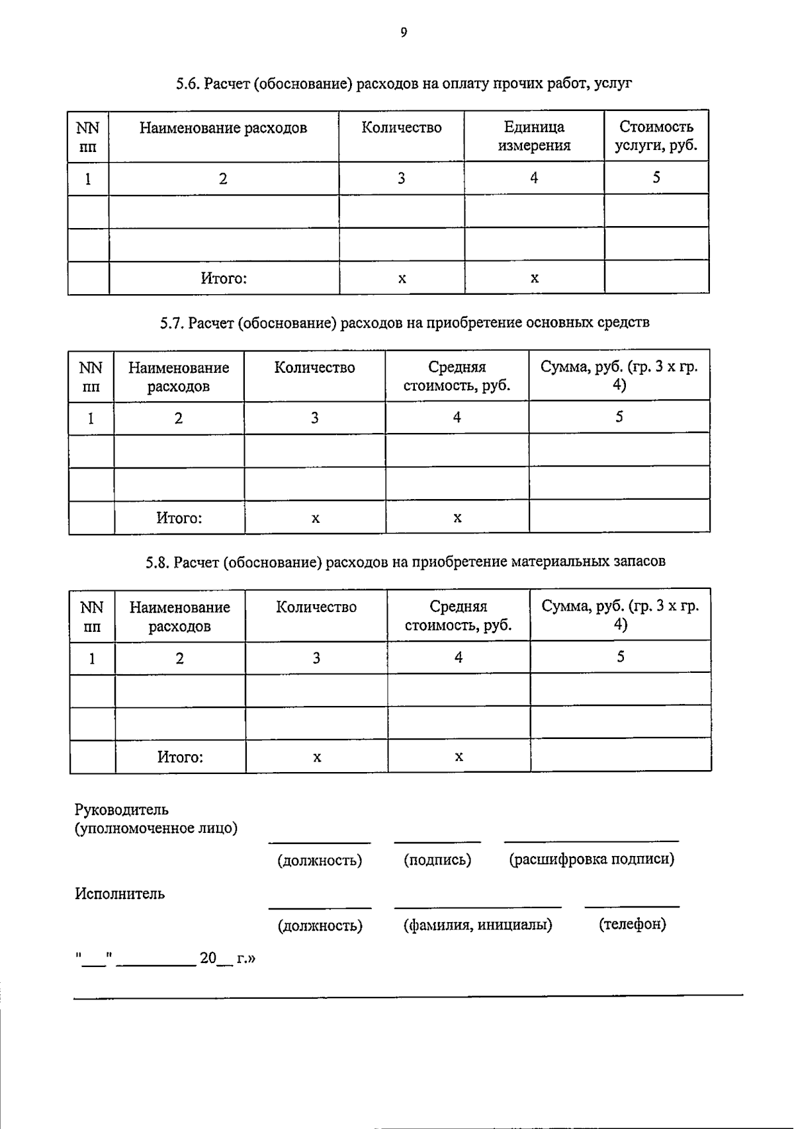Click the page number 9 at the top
(404, 32)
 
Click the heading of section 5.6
(404, 84)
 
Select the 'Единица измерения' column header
(534, 136)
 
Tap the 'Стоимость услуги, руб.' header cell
(656, 136)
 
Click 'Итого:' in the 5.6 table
(224, 278)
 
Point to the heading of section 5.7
(404, 323)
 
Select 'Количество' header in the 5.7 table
(314, 368)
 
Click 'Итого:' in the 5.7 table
(179, 518)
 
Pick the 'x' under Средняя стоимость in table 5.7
(457, 518)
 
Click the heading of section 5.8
(405, 562)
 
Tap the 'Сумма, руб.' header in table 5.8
(620, 615)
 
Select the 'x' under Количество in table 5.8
(317, 758)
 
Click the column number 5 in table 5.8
(620, 657)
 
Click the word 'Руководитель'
(122, 810)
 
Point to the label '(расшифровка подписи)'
(592, 859)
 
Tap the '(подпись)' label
(437, 860)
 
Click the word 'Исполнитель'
(120, 894)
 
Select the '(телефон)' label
(632, 924)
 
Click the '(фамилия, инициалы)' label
(478, 925)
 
